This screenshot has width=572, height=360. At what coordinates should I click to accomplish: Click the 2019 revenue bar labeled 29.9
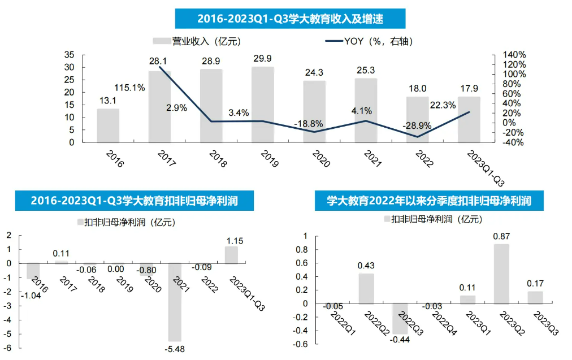(262, 105)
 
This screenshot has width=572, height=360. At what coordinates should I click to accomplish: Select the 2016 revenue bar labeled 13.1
(108, 125)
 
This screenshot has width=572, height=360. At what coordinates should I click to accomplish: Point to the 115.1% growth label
(130, 88)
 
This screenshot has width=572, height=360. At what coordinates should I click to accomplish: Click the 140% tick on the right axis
(515, 55)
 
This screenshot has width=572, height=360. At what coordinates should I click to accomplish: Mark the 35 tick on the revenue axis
(70, 55)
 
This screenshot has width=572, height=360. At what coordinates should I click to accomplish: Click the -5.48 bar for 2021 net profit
(175, 302)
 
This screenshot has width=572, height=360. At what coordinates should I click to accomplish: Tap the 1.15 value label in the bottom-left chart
(234, 240)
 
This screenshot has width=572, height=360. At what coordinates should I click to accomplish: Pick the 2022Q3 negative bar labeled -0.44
(401, 318)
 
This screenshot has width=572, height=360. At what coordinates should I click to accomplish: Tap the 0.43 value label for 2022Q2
(366, 265)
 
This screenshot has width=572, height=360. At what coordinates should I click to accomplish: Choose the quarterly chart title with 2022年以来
(429, 200)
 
